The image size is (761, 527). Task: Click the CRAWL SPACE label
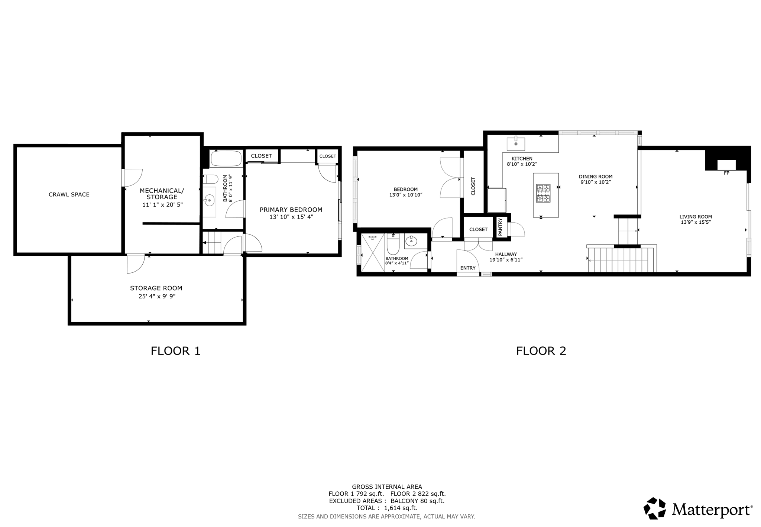(69, 194)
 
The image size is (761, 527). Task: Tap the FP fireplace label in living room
(726, 173)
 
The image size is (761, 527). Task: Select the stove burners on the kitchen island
(543, 193)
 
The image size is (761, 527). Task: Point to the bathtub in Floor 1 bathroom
(226, 159)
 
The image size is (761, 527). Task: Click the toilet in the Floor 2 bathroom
(393, 244)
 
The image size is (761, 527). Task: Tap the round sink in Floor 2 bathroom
(411, 242)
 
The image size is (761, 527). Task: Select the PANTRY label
(500, 227)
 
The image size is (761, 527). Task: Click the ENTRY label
(468, 268)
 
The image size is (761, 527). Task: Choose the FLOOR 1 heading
(175, 351)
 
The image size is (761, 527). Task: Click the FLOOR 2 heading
(541, 351)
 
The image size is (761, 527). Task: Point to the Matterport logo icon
(655, 508)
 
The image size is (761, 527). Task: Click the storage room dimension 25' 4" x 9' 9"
(156, 296)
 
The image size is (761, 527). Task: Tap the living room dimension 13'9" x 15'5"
(696, 223)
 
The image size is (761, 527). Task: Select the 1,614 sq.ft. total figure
(401, 508)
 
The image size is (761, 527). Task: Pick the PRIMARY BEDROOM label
(291, 210)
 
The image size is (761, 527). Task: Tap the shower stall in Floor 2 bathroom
(373, 253)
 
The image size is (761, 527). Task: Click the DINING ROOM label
(596, 177)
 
